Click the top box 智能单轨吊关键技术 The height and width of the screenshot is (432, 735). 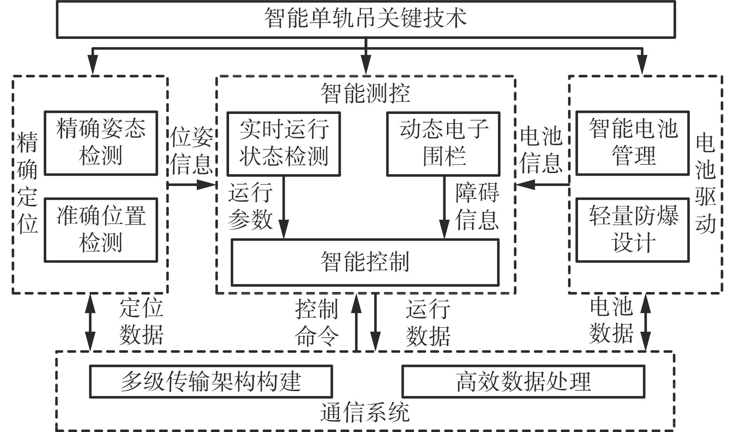tap(366, 19)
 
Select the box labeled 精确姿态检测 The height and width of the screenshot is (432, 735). tap(101, 143)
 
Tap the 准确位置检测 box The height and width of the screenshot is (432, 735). tap(101, 230)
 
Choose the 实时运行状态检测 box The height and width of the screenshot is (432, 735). tap(283, 143)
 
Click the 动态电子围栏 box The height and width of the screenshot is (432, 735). tap(443, 143)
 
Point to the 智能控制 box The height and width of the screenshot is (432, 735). tap(365, 262)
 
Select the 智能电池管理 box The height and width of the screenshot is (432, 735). tap(632, 143)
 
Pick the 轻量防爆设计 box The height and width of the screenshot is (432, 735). tap(632, 230)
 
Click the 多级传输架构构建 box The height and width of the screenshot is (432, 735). tap(211, 381)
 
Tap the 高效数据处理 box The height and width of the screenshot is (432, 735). tap(523, 381)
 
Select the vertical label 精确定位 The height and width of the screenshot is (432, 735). tap(28, 183)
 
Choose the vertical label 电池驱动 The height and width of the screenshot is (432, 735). tap(705, 183)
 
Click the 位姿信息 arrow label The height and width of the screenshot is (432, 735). tap(192, 150)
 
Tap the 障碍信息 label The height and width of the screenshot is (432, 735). tap(477, 206)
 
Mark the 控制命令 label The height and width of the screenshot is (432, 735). tap(317, 323)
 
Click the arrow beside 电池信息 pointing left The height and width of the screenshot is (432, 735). tap(542, 185)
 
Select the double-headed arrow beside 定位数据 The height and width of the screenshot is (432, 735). tap(90, 322)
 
